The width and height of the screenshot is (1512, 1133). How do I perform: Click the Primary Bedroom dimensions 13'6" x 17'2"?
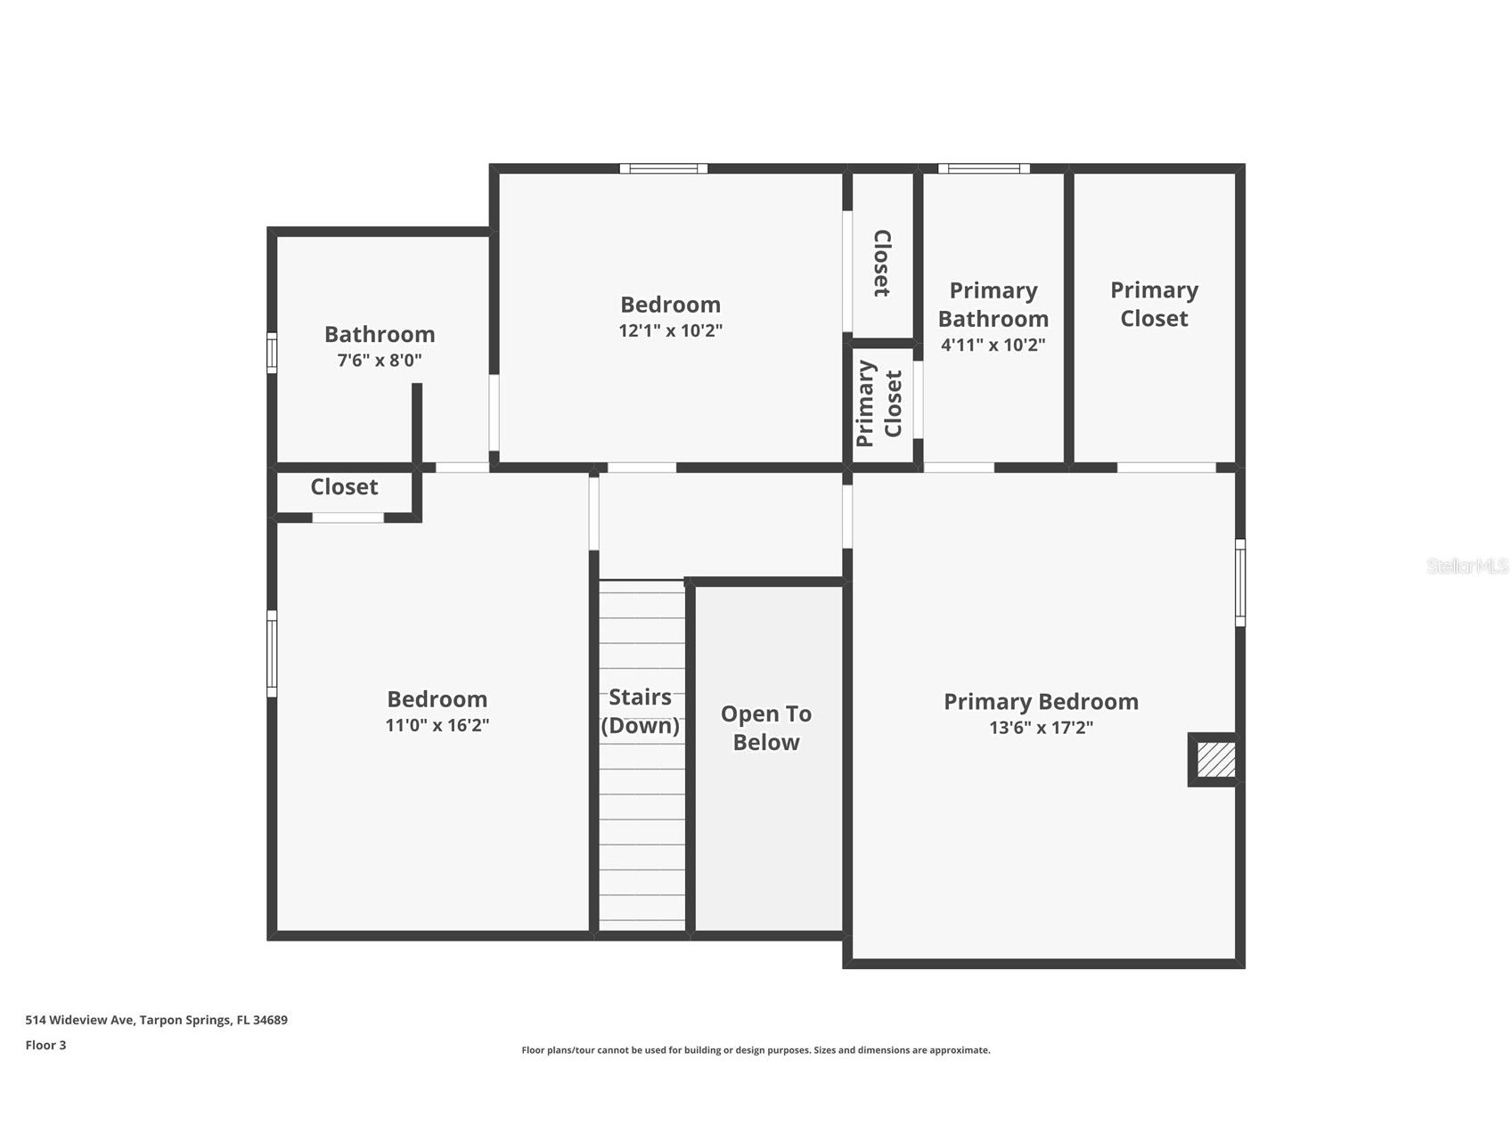pos(1041,728)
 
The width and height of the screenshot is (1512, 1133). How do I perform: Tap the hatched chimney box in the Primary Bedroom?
pos(1215,760)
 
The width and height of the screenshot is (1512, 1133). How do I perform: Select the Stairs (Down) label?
pos(640,711)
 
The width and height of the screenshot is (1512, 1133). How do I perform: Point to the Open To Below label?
pos(766,728)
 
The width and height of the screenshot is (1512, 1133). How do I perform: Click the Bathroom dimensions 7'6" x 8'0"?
pos(380,361)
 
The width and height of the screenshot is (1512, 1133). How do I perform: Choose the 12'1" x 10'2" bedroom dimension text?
pos(670,330)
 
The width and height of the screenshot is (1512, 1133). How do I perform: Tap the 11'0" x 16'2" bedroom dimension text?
pos(437,725)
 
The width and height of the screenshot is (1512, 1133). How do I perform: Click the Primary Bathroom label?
pos(993,305)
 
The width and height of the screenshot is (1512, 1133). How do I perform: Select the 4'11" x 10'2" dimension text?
pos(993,345)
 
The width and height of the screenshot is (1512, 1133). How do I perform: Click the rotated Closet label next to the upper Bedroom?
pos(881,264)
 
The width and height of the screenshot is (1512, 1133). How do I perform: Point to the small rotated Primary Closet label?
pos(879,403)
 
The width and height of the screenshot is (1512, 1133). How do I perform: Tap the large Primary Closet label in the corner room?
pos(1154,304)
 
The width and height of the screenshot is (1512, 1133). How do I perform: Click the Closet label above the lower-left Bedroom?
pos(344,487)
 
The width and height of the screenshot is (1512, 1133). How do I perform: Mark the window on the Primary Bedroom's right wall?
pos(1239,583)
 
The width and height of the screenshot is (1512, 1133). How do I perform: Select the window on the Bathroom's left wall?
pos(272,353)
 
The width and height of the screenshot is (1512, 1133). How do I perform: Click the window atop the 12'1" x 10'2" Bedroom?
pos(664,168)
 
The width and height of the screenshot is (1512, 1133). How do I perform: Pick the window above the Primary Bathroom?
pos(984,168)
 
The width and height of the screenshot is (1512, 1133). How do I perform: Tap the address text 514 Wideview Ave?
pos(157,1020)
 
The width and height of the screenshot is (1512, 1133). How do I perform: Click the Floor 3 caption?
pos(45,1045)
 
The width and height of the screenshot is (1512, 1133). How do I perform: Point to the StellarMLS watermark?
pos(1467,566)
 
